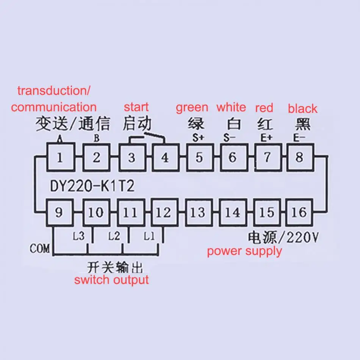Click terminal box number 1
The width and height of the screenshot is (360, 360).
[x=59, y=157]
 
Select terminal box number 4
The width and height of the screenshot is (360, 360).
[x=165, y=157]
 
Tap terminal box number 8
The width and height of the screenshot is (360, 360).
[x=299, y=157]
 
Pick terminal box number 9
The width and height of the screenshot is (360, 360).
[x=59, y=213]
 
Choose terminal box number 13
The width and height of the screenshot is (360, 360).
[x=197, y=213]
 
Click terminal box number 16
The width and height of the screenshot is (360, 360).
[x=299, y=213]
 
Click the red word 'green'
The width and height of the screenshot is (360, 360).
[x=192, y=108]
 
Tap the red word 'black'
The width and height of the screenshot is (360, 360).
[x=302, y=108]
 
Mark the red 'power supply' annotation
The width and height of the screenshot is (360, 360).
[x=244, y=251]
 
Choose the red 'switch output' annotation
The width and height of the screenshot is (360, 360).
[x=111, y=280]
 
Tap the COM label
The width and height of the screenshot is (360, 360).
[x=40, y=249]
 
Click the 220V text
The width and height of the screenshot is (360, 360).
[x=303, y=238]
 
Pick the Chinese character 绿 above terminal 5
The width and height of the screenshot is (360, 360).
[x=196, y=124]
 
